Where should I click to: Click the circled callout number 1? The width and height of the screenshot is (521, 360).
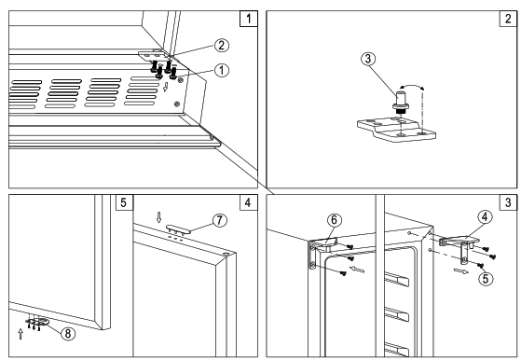[221, 70]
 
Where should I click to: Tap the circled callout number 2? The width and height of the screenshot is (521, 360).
[221, 45]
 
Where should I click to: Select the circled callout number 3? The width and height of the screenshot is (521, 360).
[368, 59]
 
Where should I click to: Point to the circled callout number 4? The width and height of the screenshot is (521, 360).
[485, 217]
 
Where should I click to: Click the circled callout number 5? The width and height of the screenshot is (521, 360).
[486, 279]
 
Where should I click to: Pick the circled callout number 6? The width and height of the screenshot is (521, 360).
[335, 220]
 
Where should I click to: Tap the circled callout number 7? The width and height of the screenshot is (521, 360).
[220, 220]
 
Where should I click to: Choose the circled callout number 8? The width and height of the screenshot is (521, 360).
[68, 333]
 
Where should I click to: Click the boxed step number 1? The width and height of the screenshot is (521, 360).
[249, 19]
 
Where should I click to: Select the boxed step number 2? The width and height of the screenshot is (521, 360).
[508, 19]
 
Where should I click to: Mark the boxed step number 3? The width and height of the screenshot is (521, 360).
[508, 202]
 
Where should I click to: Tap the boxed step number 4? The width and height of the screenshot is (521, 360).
[249, 202]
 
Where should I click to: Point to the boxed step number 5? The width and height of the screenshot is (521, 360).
[124, 202]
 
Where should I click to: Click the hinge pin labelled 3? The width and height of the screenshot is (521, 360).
[401, 103]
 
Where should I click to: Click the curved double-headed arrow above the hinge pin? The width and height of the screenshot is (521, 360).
[411, 86]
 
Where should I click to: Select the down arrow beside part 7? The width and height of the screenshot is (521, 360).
[158, 217]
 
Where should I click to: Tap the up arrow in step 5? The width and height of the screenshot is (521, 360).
[21, 334]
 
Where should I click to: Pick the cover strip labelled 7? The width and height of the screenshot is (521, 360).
[179, 229]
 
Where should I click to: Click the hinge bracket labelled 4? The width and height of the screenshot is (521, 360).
[459, 245]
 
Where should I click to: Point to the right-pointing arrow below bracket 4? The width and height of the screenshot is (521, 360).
[461, 271]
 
